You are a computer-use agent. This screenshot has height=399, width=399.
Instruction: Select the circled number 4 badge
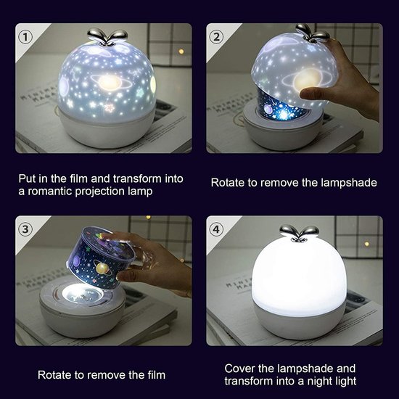point(215,229)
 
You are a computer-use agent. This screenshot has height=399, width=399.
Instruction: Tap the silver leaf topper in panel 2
point(313,34)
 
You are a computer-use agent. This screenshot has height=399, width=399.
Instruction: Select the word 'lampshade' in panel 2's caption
point(344,183)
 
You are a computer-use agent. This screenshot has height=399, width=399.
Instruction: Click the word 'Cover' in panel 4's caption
point(240,369)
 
